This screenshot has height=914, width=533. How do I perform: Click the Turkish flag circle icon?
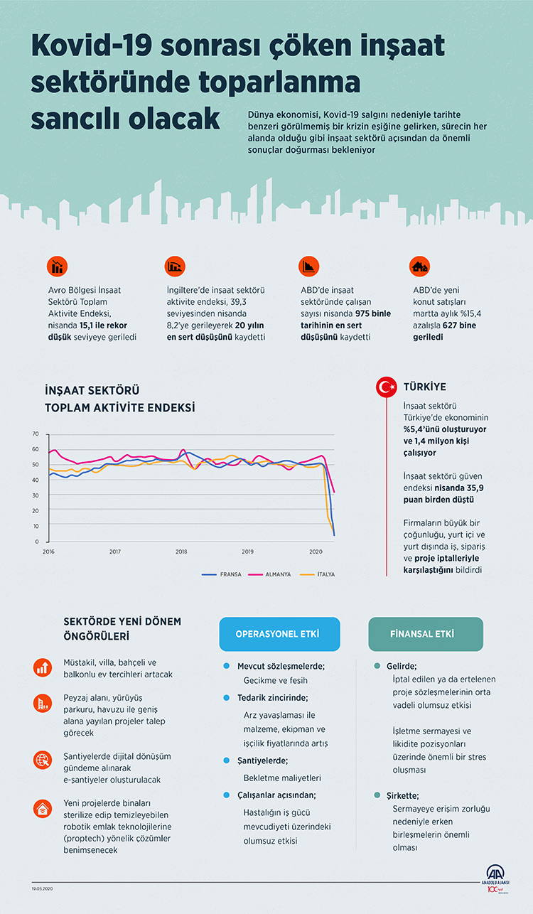click(x=386, y=387)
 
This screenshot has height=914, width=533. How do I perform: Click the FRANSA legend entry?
click(x=225, y=574)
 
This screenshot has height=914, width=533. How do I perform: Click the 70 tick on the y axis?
click(x=36, y=434)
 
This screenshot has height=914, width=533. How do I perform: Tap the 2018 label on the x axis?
click(x=181, y=552)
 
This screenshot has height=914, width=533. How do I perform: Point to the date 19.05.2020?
click(x=45, y=888)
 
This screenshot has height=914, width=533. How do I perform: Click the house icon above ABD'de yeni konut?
click(x=420, y=266)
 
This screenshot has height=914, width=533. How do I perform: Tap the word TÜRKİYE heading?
click(x=425, y=387)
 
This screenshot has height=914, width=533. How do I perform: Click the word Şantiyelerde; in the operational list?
click(x=264, y=760)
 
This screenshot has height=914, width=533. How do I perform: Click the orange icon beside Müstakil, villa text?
click(x=42, y=667)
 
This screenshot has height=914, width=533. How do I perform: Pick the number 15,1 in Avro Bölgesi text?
click(x=99, y=324)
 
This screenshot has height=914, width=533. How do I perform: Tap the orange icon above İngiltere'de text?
click(x=174, y=266)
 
